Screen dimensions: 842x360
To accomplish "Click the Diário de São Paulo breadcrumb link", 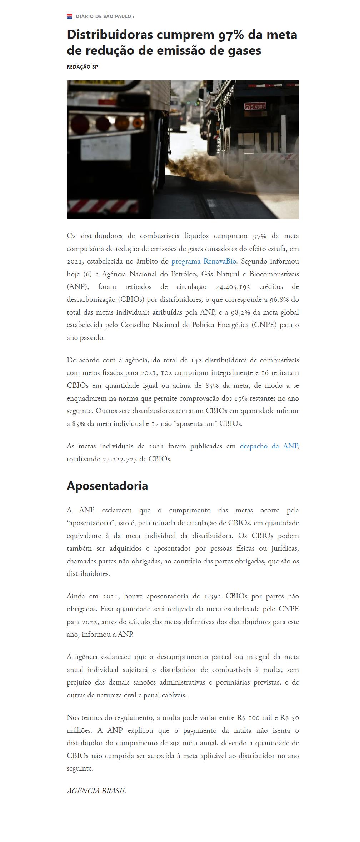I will (103, 16).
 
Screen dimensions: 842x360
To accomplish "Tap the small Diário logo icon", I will (70, 16).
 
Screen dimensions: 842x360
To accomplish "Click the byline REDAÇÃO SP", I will (82, 67).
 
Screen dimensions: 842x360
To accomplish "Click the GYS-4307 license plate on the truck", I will (255, 106).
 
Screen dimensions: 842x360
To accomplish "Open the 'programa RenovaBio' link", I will (204, 261).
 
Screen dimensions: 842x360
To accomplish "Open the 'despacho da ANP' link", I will (269, 446).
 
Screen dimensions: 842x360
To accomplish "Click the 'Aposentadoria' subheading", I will (107, 486).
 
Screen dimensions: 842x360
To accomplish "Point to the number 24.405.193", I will (233, 287).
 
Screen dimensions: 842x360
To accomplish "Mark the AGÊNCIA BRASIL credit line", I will (96, 791).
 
